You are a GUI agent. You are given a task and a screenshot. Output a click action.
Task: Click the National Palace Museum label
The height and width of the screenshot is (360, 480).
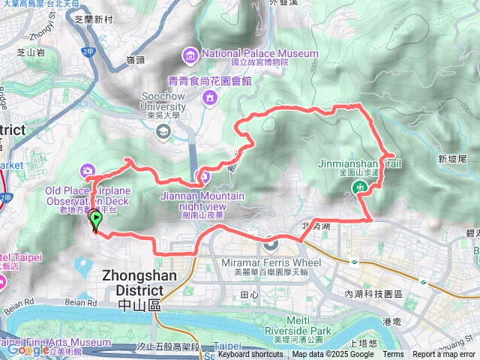pyautogui.click(x=259, y=53)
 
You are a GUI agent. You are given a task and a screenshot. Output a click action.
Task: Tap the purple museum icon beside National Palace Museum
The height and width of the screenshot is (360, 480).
pyautogui.click(x=190, y=54)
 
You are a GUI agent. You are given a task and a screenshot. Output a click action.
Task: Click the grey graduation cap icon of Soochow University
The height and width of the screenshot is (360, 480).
pyautogui.click(x=163, y=131)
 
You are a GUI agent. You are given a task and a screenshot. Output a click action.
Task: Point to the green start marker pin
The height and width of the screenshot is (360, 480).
pyautogui.click(x=96, y=220)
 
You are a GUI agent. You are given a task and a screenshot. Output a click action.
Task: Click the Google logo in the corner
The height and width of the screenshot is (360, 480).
pyautogui.click(x=28, y=349)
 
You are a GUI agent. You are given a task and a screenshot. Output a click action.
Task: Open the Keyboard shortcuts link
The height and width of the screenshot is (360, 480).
pyautogui.click(x=250, y=355)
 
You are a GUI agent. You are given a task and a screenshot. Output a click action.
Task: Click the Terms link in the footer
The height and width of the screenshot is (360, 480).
pyautogui.click(x=393, y=355)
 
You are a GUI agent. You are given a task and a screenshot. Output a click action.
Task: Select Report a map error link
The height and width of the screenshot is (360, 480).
pyautogui.click(x=444, y=355)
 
